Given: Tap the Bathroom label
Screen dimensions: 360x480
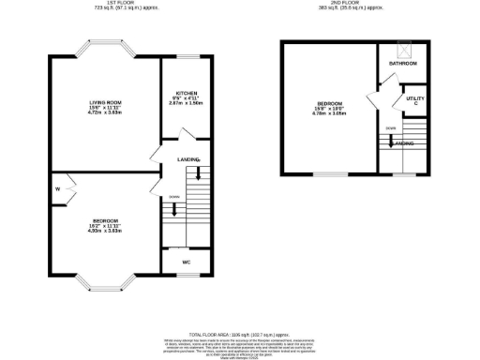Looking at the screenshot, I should pyautogui.click(x=403, y=63).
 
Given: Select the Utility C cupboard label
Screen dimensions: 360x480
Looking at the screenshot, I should pyautogui.click(x=411, y=99).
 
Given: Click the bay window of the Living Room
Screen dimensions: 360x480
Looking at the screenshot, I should pyautogui.click(x=105, y=48).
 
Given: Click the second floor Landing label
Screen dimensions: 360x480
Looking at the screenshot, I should pyautogui.click(x=404, y=143).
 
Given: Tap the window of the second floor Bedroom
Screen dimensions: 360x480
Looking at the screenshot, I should pyautogui.click(x=329, y=173).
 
